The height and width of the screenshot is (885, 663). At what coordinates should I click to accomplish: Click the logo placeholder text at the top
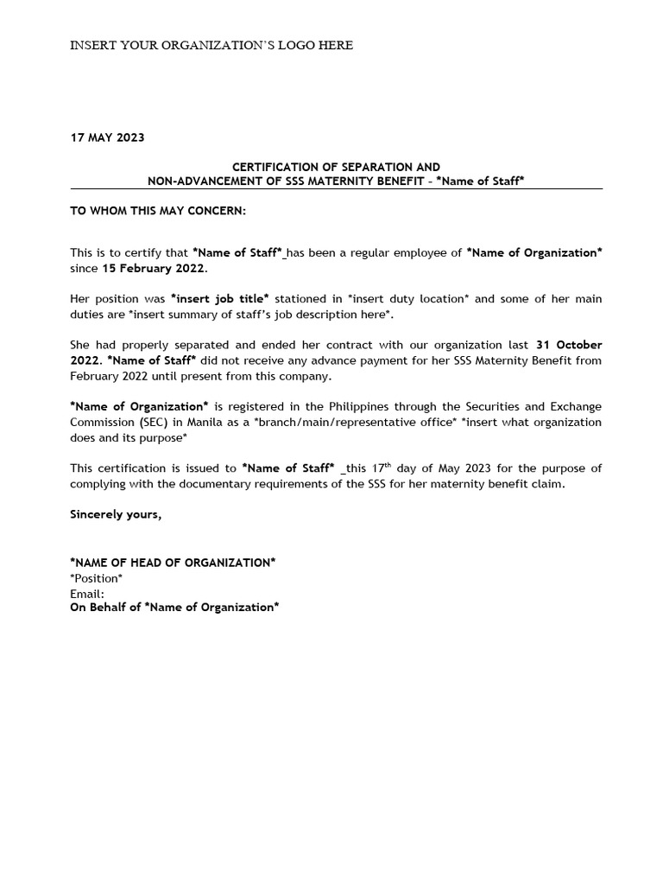[211, 45]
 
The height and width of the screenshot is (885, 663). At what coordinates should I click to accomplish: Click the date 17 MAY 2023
[107, 137]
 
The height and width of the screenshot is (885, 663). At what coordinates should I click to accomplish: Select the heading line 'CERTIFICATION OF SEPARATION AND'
[336, 167]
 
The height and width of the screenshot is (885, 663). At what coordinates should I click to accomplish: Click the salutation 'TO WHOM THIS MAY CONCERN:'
[157, 211]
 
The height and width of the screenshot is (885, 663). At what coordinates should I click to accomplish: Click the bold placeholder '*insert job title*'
[219, 299]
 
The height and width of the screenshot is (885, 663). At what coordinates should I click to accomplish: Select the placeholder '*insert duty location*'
[408, 299]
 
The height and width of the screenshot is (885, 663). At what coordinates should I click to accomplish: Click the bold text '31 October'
[569, 345]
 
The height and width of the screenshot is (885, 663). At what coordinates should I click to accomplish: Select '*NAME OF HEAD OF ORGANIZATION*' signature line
[173, 563]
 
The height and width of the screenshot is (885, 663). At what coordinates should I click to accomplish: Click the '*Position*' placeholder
[96, 577]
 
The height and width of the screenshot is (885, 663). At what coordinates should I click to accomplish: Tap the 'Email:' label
[87, 593]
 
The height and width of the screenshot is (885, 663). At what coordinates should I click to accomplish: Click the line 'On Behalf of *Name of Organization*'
[174, 608]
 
